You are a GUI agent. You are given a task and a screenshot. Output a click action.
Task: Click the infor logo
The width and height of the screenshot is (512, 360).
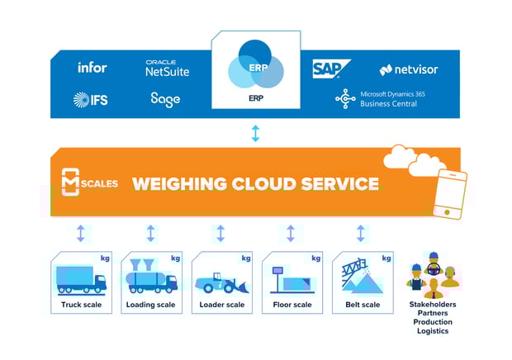pos(92,67)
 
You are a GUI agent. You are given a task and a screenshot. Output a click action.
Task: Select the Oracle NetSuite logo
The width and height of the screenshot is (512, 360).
pos(167,69)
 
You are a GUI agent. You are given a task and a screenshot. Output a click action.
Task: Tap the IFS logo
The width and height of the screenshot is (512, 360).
pos(89,100)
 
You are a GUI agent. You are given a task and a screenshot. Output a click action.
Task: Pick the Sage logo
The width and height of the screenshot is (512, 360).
pos(165,100)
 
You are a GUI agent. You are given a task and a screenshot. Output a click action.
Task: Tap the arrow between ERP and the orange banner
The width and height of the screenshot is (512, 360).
pos(255,133)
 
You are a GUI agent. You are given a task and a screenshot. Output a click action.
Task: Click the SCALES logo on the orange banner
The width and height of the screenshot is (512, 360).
pos(91,182)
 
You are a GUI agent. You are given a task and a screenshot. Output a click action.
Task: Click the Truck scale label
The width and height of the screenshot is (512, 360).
pos(80,305)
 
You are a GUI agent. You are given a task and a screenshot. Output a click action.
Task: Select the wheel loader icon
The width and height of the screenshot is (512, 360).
pos(220,279)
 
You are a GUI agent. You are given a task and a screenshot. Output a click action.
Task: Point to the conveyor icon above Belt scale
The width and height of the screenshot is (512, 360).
pos(360,277)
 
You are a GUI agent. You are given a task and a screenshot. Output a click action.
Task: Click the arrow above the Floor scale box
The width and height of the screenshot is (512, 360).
pos(291,234)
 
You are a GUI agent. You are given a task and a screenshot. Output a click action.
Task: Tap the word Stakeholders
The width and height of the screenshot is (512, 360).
pos(433,304)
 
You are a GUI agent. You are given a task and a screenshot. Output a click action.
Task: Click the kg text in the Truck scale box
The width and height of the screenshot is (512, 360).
pos(104,258)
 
